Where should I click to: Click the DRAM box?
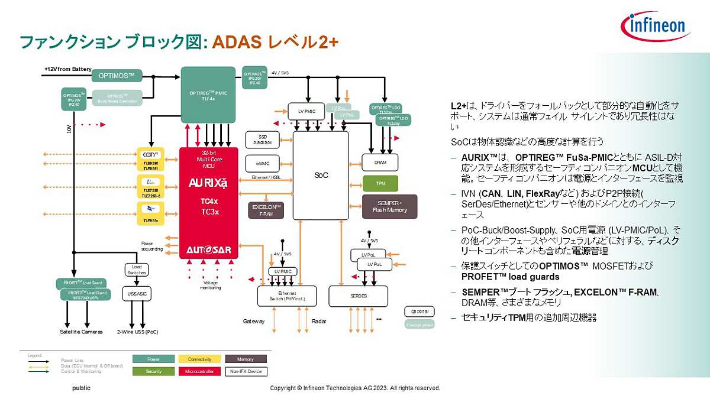(x=380, y=163)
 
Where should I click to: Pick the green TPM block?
(x=380, y=183)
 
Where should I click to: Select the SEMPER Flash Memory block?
(x=389, y=206)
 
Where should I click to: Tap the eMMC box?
(x=263, y=164)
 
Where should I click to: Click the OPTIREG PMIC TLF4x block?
(x=208, y=95)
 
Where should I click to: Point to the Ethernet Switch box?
(x=287, y=296)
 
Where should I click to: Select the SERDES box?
(x=358, y=296)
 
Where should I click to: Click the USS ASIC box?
(x=137, y=293)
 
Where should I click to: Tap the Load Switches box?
(x=137, y=270)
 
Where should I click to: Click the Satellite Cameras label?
(x=81, y=332)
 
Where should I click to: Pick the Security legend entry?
(x=153, y=372)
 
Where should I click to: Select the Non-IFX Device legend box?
(x=246, y=372)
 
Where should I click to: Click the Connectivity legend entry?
(x=199, y=359)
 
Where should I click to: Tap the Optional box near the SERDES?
(x=419, y=312)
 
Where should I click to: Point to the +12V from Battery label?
(x=67, y=69)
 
